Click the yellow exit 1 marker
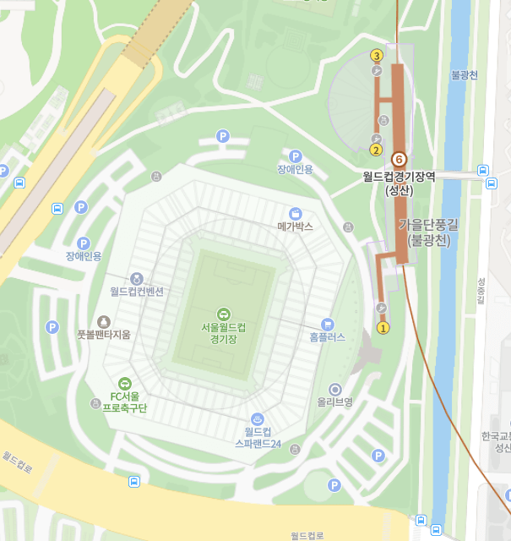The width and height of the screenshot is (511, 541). [x=383, y=328]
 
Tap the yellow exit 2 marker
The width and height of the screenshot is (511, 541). [x=377, y=150]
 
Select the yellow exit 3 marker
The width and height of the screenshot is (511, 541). [x=377, y=56]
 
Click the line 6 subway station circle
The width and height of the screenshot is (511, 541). [x=400, y=159]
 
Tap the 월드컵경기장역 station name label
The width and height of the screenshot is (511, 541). [x=399, y=177]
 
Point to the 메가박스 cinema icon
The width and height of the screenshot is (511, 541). [x=296, y=214]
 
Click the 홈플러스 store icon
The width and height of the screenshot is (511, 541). [x=328, y=324]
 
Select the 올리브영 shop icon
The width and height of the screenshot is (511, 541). [x=334, y=389]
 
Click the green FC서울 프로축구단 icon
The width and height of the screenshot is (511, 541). [x=124, y=383]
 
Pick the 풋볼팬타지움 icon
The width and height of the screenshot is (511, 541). [x=104, y=321]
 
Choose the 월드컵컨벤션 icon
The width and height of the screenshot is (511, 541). [x=137, y=278]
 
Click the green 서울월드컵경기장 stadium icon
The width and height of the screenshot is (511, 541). [x=224, y=314]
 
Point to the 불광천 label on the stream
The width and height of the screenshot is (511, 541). [x=465, y=74]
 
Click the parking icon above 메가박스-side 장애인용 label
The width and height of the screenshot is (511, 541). [x=296, y=156]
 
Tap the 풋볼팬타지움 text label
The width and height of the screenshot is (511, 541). [x=104, y=335]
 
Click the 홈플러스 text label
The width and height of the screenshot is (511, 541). [x=328, y=336]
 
